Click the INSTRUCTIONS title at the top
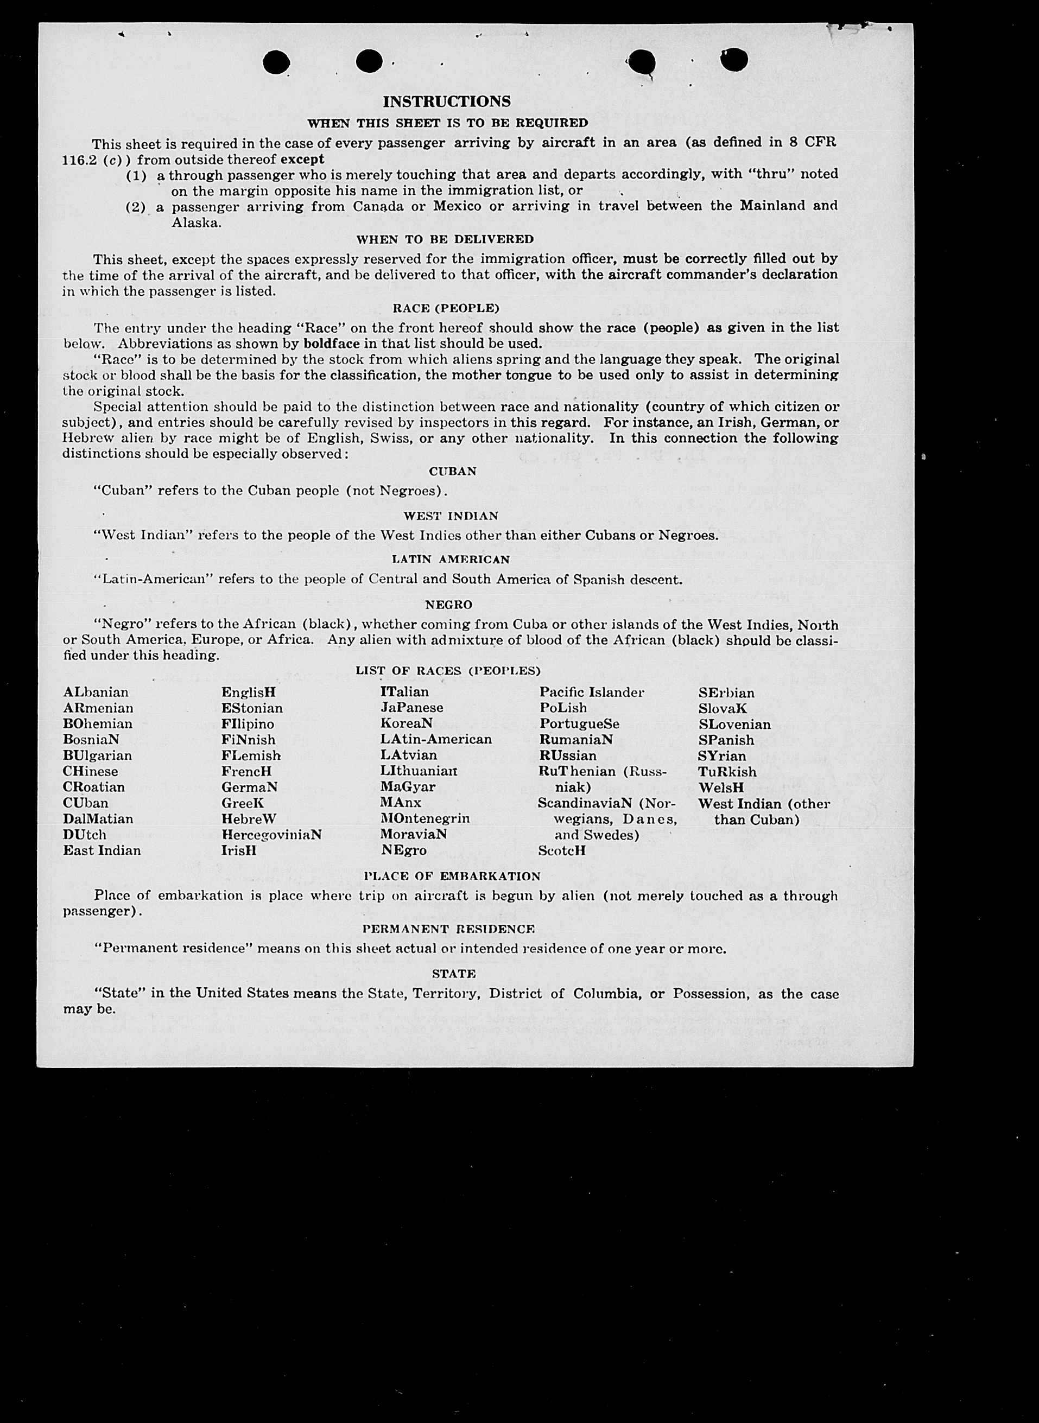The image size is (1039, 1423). (447, 102)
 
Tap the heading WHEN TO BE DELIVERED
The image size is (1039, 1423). (445, 239)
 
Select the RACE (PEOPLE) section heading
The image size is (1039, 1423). (445, 308)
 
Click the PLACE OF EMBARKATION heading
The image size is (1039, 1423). (452, 876)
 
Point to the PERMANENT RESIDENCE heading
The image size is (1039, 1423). (448, 929)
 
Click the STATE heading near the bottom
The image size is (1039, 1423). (453, 974)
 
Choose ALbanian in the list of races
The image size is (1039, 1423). (96, 693)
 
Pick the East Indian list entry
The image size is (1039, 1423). (102, 851)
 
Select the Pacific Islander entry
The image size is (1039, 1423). (591, 693)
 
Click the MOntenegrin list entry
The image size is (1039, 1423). (425, 819)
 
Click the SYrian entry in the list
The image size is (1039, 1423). (721, 756)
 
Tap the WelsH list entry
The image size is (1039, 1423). (721, 787)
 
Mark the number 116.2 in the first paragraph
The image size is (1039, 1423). (79, 160)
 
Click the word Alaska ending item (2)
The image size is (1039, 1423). (196, 223)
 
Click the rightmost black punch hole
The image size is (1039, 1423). (734, 60)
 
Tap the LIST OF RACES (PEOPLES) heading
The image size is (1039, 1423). (448, 671)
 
